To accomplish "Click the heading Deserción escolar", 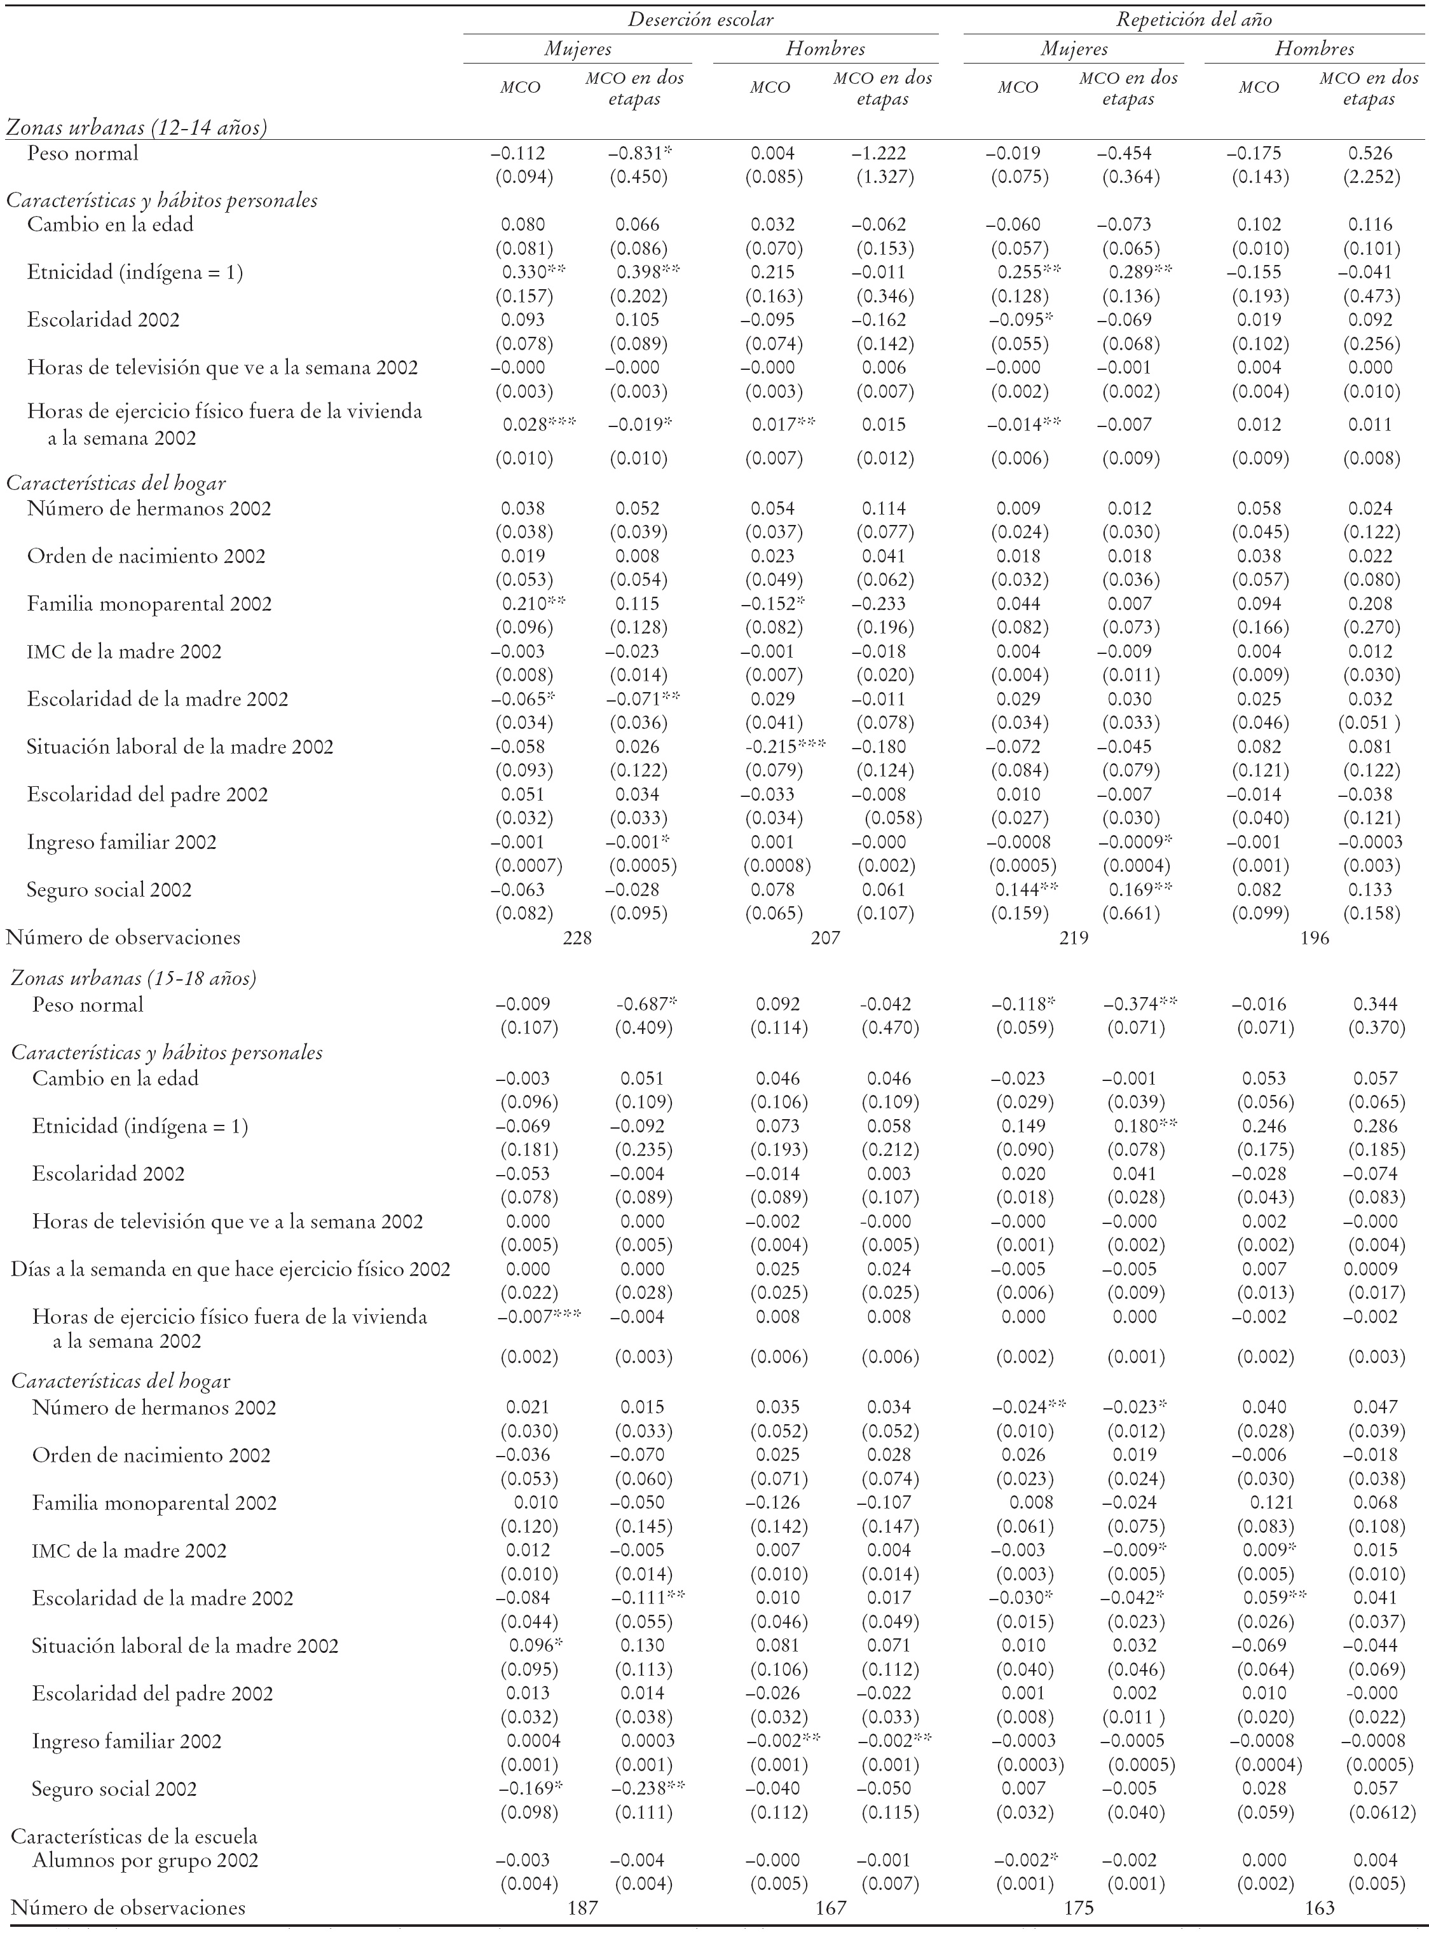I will coord(700,19).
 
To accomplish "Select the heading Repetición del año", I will coord(1194,19).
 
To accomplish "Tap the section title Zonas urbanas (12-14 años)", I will coord(136,128).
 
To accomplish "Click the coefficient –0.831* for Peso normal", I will coord(640,153).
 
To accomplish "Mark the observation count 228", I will coord(577,937).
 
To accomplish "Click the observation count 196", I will coord(1315,937).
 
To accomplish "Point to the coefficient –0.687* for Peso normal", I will coord(645,1004).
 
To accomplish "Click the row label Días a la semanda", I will coord(230,1270).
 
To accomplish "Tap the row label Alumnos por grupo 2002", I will coord(146,1860).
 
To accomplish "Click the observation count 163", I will coord(1320,1908).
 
